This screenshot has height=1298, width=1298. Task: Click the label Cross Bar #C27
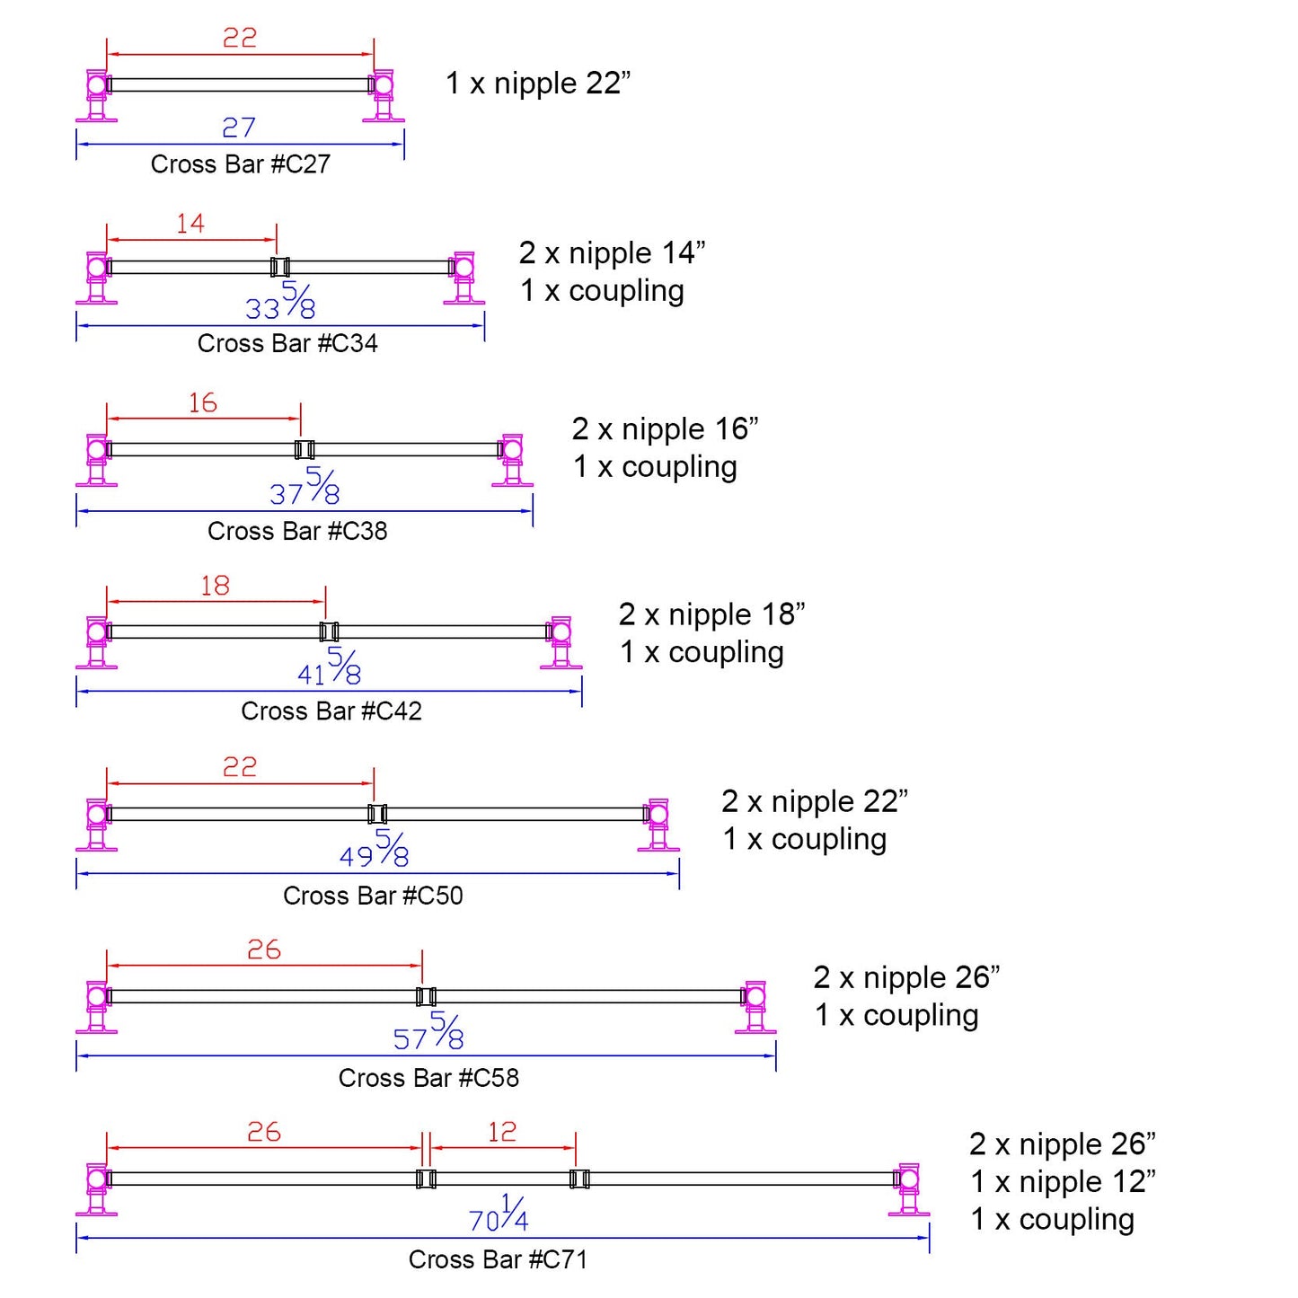240,164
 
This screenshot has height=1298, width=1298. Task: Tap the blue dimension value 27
239,128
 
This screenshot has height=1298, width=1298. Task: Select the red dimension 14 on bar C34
190,224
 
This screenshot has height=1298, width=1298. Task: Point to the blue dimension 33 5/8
280,302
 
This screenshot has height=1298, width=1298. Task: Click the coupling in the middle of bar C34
280,267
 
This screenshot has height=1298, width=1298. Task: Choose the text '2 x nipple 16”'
665,429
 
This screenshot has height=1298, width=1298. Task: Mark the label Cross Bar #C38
297,531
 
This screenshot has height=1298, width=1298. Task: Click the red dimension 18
215,586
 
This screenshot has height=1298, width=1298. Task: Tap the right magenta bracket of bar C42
561,641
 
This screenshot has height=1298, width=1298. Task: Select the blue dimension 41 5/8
330,667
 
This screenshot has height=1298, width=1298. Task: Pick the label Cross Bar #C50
373,896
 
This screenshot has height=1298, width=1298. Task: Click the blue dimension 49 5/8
375,850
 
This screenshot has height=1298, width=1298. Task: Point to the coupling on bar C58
426,996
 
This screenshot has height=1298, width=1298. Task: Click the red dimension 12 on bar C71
502,1132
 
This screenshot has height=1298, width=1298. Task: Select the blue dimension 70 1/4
499,1214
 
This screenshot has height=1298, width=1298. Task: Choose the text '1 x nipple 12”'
1063,1182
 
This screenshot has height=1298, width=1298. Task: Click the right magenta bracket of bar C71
908,1188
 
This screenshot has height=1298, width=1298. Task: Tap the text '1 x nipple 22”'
538,84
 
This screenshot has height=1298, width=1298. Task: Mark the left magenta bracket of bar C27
97,95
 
